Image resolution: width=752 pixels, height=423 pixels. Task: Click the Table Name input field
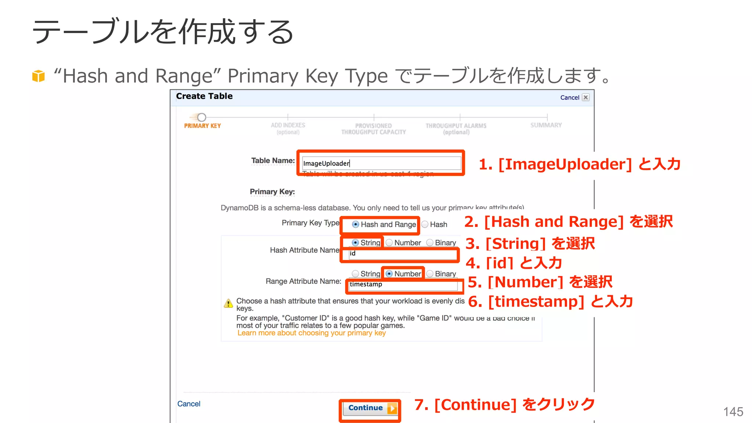click(381, 163)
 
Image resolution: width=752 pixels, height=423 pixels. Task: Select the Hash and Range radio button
click(355, 224)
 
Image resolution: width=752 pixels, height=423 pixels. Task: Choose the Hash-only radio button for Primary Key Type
click(425, 224)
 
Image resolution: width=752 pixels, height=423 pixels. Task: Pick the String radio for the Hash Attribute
click(355, 243)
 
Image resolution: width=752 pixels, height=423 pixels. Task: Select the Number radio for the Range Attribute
click(389, 274)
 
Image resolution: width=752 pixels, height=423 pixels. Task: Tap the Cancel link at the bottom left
click(189, 404)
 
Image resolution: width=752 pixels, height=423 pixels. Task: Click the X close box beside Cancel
click(586, 97)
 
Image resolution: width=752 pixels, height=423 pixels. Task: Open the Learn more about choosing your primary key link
click(311, 333)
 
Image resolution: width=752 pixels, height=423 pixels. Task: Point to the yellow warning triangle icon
click(228, 303)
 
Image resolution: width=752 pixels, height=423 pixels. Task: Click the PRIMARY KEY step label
click(202, 126)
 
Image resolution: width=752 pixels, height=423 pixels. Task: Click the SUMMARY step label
click(546, 125)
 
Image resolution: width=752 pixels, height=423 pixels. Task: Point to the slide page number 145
click(733, 412)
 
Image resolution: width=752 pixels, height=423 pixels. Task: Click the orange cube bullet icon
click(39, 76)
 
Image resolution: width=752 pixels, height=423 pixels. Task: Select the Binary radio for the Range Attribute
click(430, 274)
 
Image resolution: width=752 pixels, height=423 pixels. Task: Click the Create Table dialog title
click(204, 96)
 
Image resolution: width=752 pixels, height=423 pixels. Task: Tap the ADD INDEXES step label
click(288, 125)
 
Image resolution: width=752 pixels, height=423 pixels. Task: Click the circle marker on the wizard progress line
click(202, 117)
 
